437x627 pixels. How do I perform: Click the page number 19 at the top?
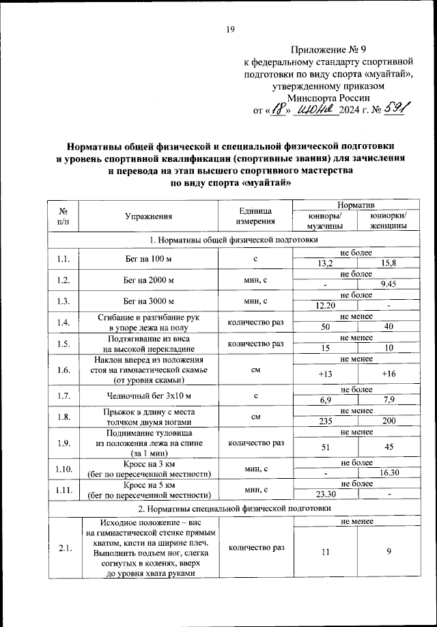tap(230, 29)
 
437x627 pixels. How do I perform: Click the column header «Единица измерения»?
tap(254, 216)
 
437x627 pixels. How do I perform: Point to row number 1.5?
tap(63, 343)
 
